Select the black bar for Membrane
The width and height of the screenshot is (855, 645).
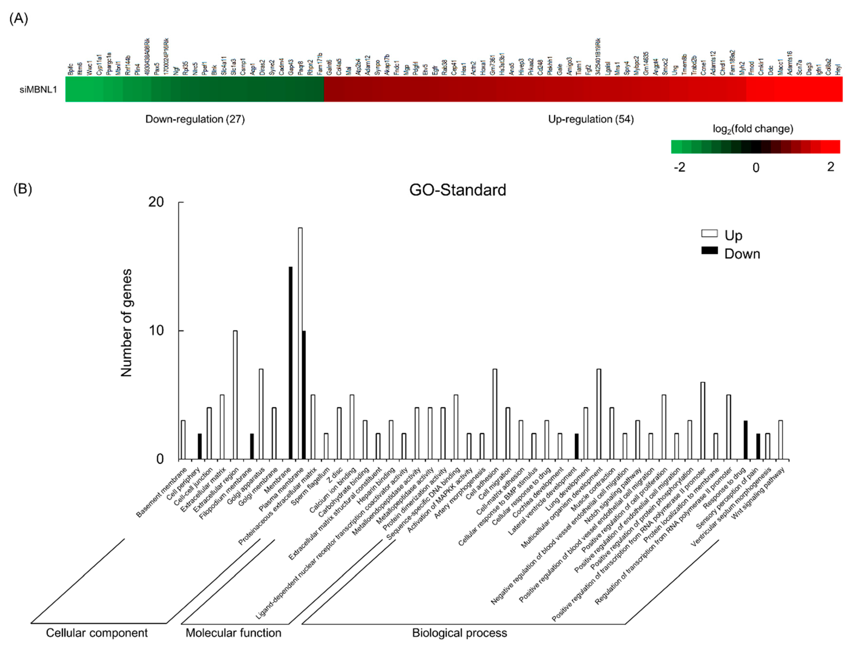pyautogui.click(x=290, y=363)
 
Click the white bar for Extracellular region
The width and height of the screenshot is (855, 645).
pyautogui.click(x=235, y=394)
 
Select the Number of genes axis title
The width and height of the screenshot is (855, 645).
pyautogui.click(x=126, y=323)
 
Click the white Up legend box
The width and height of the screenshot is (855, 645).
pyautogui.click(x=709, y=233)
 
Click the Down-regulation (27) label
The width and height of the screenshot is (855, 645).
pyautogui.click(x=195, y=119)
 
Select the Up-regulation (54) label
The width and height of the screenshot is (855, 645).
pyautogui.click(x=591, y=119)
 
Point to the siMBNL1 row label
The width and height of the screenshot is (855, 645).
pyautogui.click(x=38, y=90)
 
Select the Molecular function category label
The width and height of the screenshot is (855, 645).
pyautogui.click(x=233, y=633)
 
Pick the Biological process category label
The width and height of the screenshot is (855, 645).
pyautogui.click(x=459, y=633)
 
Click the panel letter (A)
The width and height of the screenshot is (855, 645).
pyautogui.click(x=19, y=18)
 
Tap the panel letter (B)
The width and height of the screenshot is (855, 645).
pyautogui.click(x=23, y=189)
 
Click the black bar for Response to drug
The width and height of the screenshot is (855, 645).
pyautogui.click(x=745, y=440)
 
